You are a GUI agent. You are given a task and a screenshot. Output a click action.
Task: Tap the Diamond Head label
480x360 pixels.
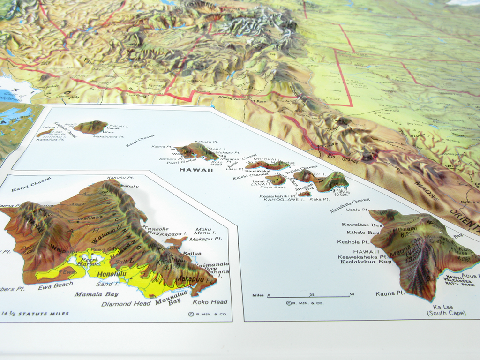click(126, 303)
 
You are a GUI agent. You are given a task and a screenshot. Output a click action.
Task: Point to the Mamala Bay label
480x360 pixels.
click(96, 294)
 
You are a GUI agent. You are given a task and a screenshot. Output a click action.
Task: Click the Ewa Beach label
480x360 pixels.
click(55, 285)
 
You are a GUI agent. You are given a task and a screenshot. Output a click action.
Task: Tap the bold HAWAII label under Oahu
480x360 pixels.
click(196, 170)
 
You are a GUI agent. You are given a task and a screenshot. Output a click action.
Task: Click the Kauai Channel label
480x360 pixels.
click(140, 139)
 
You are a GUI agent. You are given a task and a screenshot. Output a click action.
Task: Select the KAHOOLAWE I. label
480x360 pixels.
click(284, 200)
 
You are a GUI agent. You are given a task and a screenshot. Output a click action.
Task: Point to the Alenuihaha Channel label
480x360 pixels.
click(350, 205)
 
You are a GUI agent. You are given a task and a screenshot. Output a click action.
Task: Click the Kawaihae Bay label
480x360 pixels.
click(362, 225)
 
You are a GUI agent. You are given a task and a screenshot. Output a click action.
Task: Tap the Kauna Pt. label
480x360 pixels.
click(390, 293)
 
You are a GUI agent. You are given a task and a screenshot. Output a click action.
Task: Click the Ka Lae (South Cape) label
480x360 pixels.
click(446, 310)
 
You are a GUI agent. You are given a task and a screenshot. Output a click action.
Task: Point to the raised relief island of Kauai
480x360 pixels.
click(90, 127)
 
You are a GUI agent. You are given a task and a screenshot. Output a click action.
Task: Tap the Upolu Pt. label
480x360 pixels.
click(357, 210)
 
